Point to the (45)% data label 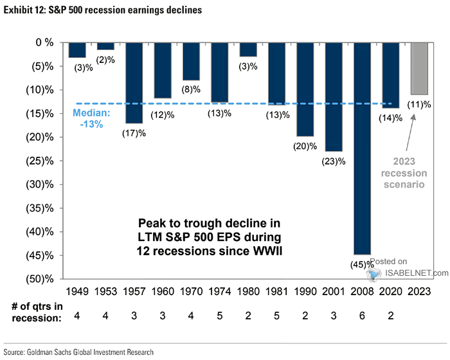pyautogui.click(x=361, y=264)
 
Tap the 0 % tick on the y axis pyautogui.click(x=48, y=42)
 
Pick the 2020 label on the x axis pyautogui.click(x=391, y=290)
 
